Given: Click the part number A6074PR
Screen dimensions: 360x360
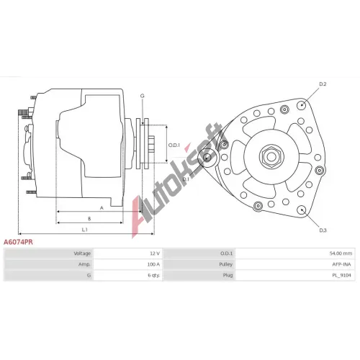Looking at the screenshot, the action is click(x=18, y=242).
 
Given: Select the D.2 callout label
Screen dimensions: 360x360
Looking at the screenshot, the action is click(x=323, y=84).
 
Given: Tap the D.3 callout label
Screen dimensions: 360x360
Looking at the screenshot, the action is click(x=323, y=230).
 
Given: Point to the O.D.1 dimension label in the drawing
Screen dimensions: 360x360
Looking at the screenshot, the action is click(x=174, y=145).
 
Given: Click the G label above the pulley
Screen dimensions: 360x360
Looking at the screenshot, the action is click(x=143, y=96).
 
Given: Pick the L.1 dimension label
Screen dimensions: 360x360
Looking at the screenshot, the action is click(x=85, y=230).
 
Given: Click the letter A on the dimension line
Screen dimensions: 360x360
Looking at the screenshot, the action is click(x=102, y=208).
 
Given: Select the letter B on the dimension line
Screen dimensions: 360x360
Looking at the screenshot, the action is click(x=89, y=219).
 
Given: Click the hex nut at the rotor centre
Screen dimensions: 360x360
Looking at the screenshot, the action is click(x=271, y=157).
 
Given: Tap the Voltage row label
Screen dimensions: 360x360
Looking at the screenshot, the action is click(x=82, y=253).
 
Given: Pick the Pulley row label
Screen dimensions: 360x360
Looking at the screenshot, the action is click(x=225, y=264).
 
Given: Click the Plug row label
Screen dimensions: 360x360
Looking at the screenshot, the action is click(x=228, y=275).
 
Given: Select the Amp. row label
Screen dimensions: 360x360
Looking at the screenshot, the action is click(x=84, y=264).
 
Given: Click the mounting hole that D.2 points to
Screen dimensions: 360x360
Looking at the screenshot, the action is click(x=302, y=105).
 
